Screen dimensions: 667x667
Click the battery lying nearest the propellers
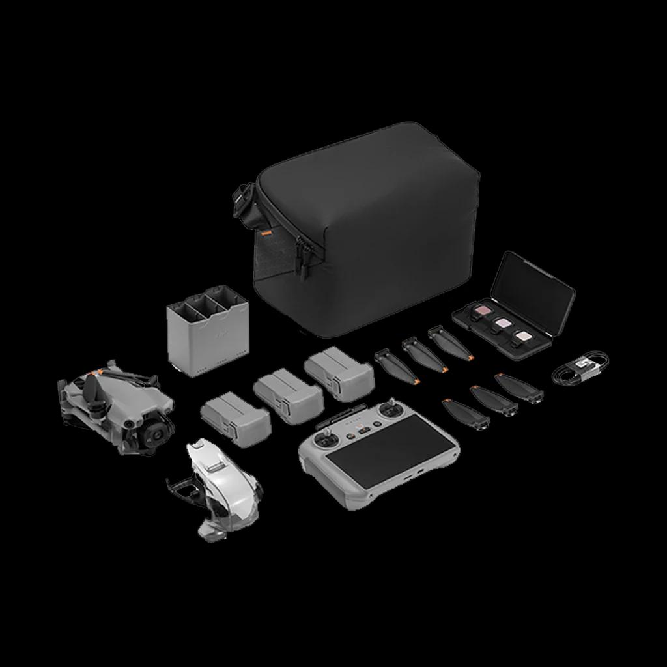coord(339,372)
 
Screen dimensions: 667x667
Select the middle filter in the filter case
coord(502,322)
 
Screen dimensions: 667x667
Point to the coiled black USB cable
coord(579,369)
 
